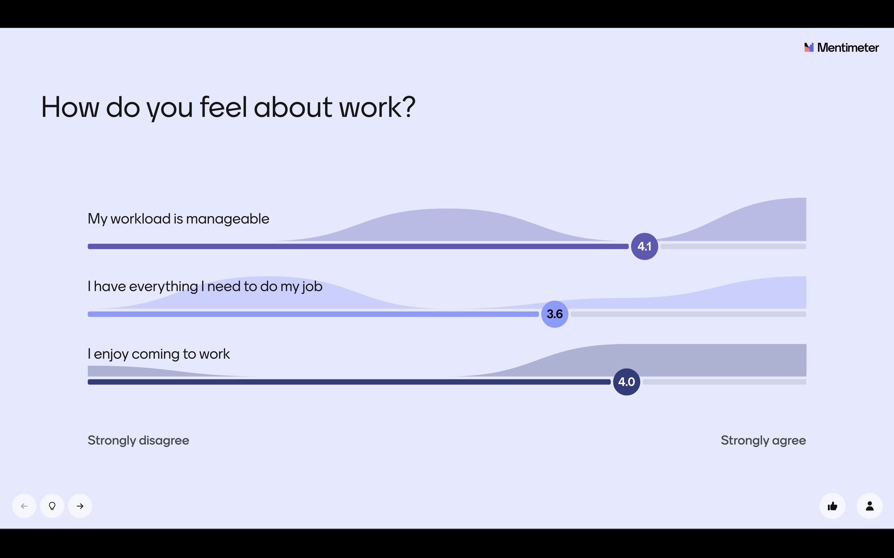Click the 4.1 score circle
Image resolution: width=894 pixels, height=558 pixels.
[x=644, y=246]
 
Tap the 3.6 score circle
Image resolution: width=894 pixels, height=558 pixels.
[x=554, y=314]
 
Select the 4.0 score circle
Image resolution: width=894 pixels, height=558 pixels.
[x=626, y=382]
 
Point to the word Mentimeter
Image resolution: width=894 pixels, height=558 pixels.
[x=848, y=48]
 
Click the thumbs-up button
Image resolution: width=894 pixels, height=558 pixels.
[x=832, y=506]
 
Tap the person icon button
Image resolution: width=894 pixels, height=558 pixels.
[x=869, y=506]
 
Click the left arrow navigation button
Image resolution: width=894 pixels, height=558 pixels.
[x=25, y=506]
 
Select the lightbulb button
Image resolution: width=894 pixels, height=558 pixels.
[x=52, y=506]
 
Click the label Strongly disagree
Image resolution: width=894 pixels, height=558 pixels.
[x=138, y=441]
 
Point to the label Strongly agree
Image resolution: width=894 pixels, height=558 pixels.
[x=763, y=441]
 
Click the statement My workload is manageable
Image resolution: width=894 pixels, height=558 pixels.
[x=178, y=219]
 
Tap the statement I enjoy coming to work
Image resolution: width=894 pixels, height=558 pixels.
[x=159, y=354]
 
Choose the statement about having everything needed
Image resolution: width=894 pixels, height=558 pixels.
[x=205, y=287]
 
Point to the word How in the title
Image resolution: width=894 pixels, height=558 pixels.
[x=70, y=107]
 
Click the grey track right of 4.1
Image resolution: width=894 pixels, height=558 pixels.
[x=733, y=246]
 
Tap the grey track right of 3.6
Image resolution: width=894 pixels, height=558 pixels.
[x=688, y=314]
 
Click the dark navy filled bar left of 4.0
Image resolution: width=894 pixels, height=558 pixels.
[x=349, y=382]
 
